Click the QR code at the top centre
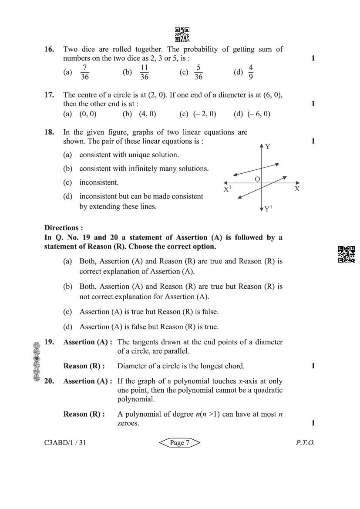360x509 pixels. click(182, 34)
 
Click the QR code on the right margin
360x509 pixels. click(347, 254)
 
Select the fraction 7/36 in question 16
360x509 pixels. click(85, 72)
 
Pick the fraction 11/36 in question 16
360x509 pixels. click(144, 72)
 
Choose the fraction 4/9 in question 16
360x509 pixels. click(251, 72)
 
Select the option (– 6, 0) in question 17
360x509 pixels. click(259, 114)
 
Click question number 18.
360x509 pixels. click(49, 132)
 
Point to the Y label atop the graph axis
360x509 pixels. click(268, 147)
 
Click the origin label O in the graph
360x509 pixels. click(257, 179)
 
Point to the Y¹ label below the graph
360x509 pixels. click(268, 209)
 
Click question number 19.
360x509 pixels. click(49, 342)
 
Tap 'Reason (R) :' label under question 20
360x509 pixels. click(84, 414)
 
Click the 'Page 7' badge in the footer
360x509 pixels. click(179, 443)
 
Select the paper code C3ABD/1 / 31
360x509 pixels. click(68, 443)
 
